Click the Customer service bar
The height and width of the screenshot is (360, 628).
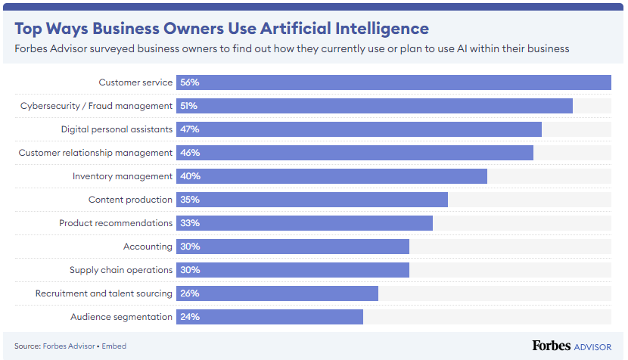point(393,82)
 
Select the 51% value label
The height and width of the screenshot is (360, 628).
point(189,106)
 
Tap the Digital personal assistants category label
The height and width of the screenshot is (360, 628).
point(117,129)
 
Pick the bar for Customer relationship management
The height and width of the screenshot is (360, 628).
point(355,153)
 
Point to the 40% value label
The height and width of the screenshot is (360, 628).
point(190,176)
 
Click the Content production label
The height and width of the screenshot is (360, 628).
point(130,200)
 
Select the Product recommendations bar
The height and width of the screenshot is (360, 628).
point(304,223)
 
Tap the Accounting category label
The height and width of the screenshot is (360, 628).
point(148,247)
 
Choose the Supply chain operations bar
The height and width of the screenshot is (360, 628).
point(293,270)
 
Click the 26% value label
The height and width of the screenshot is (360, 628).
point(190,293)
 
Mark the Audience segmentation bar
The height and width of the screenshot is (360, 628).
point(269,317)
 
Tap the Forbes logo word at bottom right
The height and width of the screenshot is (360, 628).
point(551,346)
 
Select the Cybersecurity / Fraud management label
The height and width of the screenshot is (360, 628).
point(96,106)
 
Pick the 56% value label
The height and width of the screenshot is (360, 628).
point(190,82)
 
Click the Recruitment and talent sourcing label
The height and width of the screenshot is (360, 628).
point(104,293)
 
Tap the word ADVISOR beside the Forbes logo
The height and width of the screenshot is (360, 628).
point(592,347)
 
